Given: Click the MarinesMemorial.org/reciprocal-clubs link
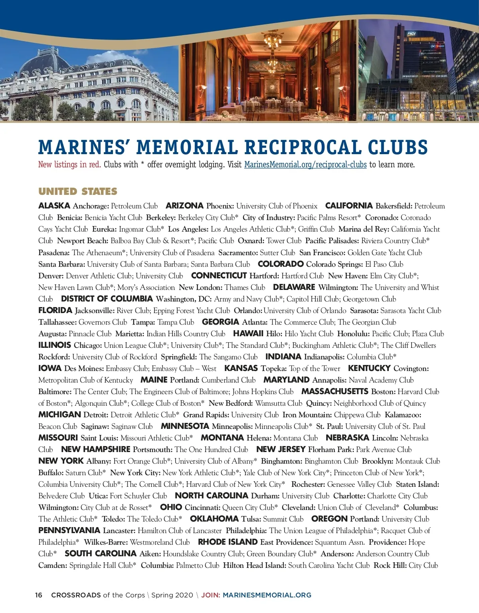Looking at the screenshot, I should [305, 165].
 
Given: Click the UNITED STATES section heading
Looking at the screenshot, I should [78, 192].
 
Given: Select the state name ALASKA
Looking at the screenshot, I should [54, 206].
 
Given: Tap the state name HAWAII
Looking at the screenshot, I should [248, 333].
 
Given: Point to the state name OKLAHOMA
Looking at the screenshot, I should [214, 519].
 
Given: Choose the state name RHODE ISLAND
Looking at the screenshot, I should [228, 542].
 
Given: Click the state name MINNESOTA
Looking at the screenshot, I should [185, 426].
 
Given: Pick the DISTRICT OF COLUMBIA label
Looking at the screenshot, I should [107, 299].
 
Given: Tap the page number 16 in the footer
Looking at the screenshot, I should [39, 595].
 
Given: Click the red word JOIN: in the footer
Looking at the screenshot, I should [210, 595].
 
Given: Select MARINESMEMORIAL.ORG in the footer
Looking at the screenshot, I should [267, 595].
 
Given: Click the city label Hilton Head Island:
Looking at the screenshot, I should [254, 565].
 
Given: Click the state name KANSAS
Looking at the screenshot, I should [241, 368].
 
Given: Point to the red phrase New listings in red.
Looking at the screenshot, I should [69, 165].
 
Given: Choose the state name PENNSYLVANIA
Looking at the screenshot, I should [69, 530].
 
